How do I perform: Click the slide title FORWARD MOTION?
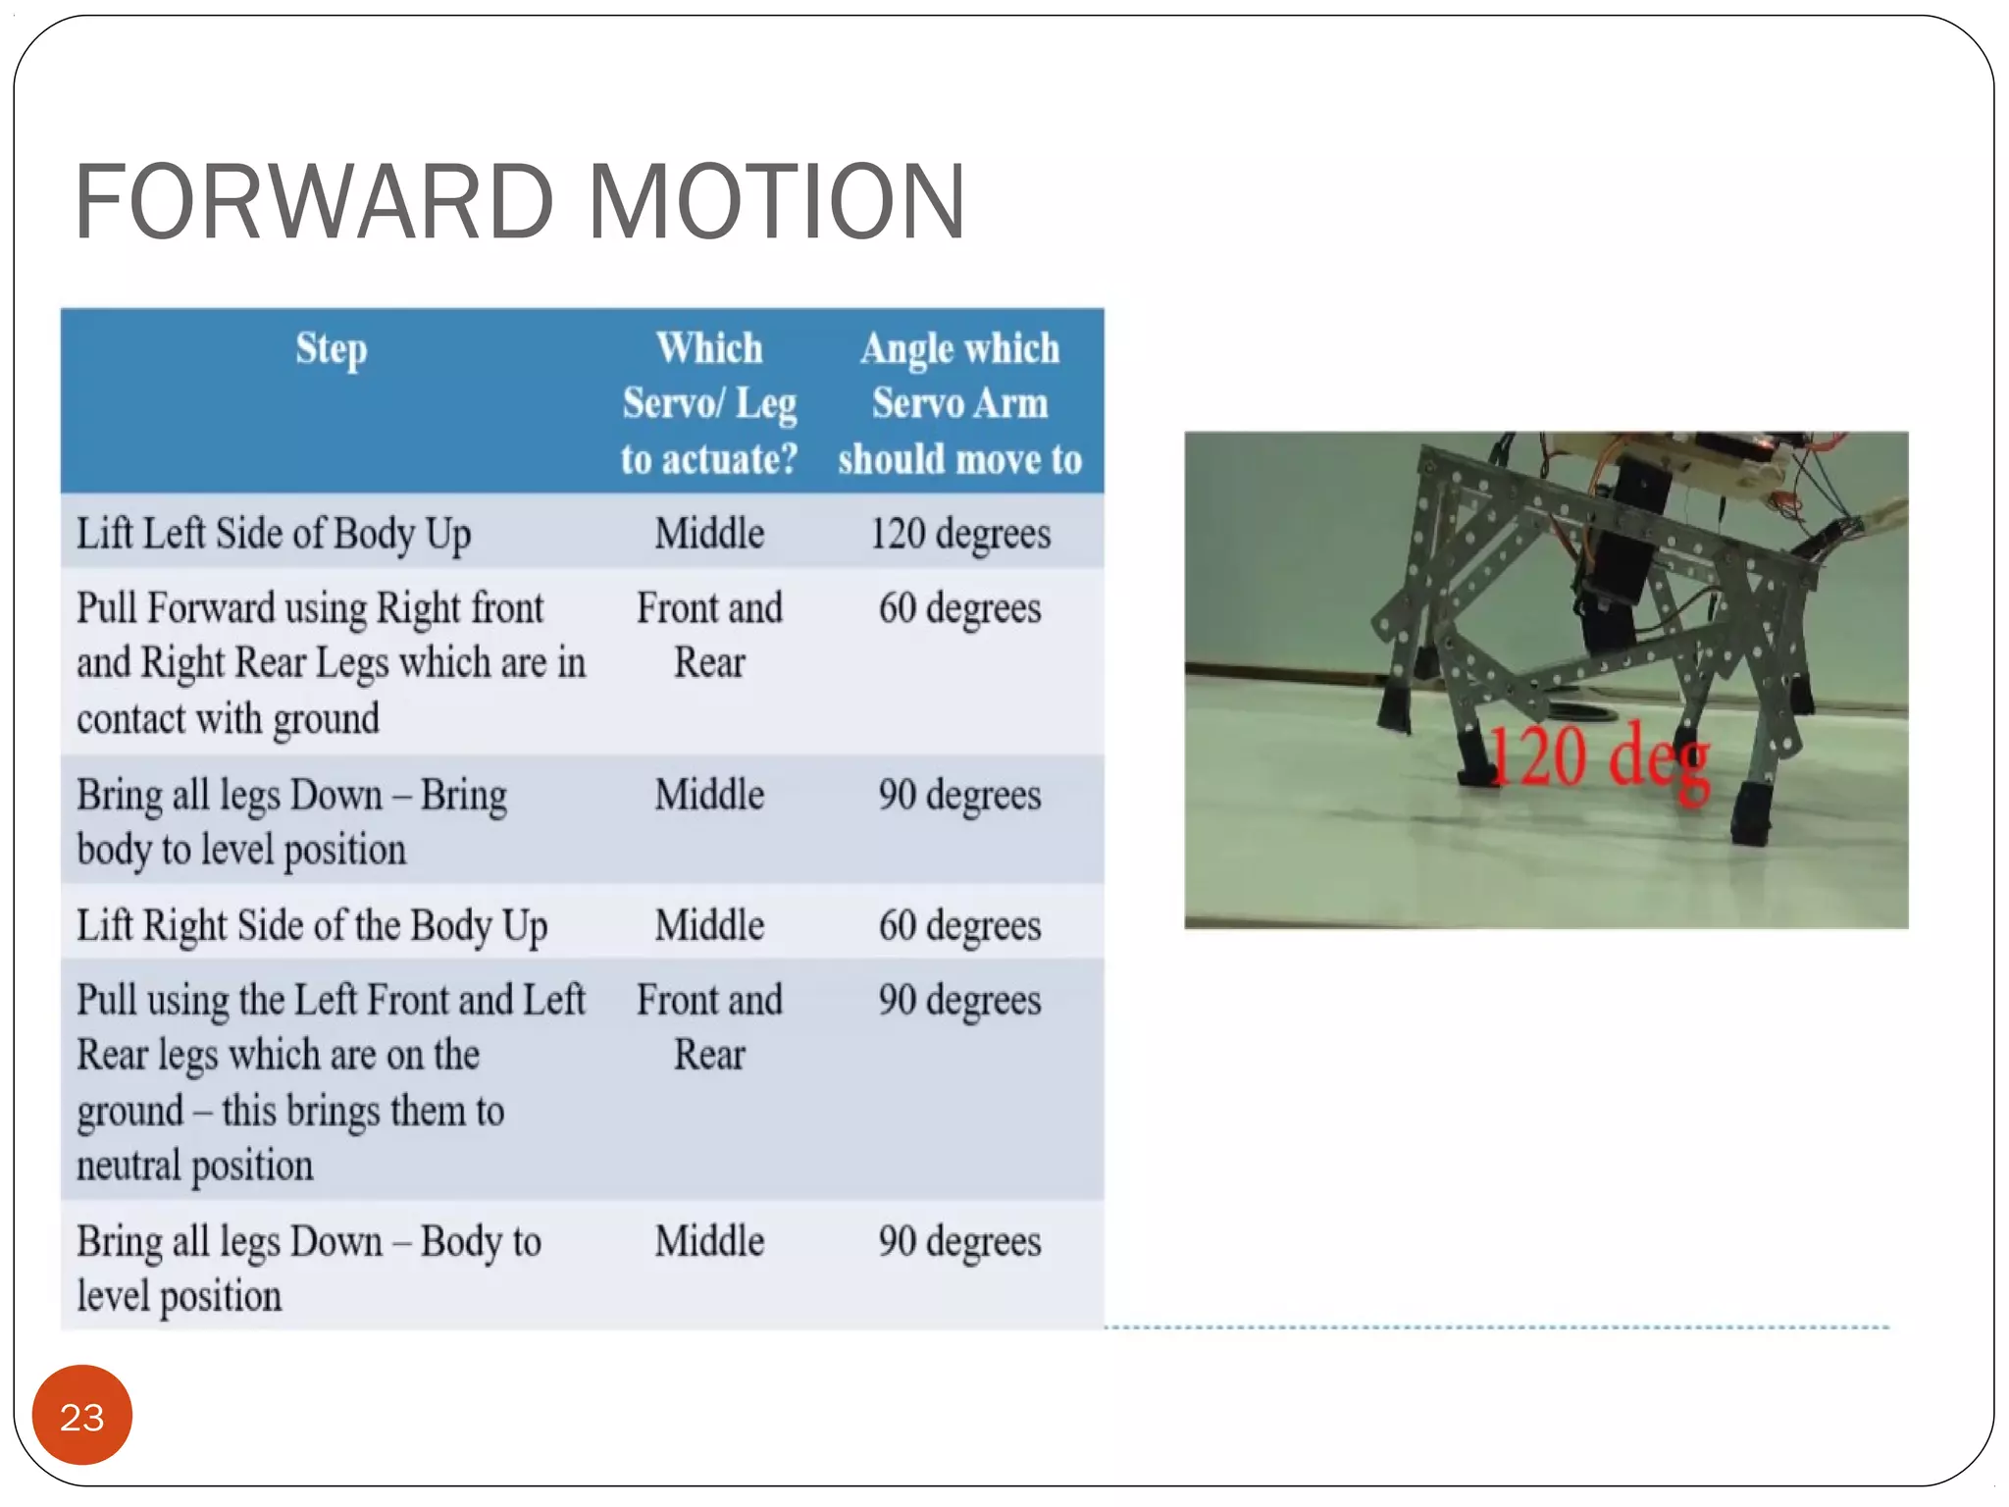(520, 201)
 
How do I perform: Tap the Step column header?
(332, 349)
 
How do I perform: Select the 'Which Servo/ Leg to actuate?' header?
(709, 403)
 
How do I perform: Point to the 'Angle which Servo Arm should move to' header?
(959, 403)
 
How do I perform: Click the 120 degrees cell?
(959, 534)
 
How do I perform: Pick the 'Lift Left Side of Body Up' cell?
(274, 534)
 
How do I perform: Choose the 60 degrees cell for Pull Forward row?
(959, 608)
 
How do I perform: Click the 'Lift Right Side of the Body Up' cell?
(312, 925)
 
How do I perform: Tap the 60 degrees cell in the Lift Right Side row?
(959, 925)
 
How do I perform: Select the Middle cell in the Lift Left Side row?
(709, 534)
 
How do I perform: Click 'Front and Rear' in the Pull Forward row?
(709, 635)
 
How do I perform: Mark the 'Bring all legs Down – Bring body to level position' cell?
(291, 821)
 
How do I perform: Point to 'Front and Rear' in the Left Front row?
(709, 1027)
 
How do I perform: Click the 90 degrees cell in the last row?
(959, 1241)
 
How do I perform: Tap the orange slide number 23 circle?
(82, 1416)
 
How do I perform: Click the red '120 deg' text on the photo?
(1599, 756)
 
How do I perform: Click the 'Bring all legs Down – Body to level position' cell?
(308, 1268)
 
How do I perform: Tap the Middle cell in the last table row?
(709, 1241)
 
